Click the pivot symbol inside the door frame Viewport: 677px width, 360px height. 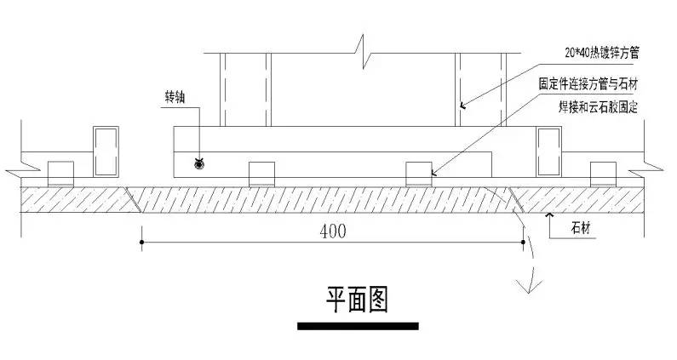pos(200,162)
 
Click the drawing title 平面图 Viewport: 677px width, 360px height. pos(357,299)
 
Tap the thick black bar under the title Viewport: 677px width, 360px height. pos(358,325)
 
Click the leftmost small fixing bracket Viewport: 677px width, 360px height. pos(60,173)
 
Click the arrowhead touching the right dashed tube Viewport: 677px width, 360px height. pos(462,106)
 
